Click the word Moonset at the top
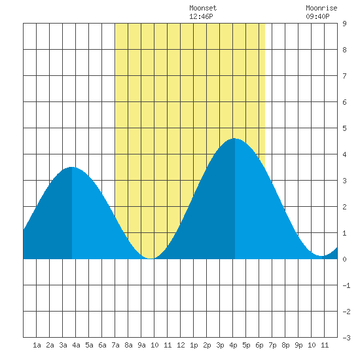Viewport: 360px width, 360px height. point(203,8)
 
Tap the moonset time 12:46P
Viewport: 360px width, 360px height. point(201,16)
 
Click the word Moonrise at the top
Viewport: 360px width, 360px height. point(321,8)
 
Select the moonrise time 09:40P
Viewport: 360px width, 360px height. point(317,16)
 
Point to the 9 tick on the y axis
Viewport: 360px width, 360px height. point(344,24)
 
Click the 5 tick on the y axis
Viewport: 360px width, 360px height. point(344,128)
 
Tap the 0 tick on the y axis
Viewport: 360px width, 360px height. point(344,259)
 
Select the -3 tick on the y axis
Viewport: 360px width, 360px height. point(346,338)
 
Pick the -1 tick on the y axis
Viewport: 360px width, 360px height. point(346,285)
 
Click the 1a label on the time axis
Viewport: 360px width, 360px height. point(37,345)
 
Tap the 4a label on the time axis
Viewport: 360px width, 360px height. point(76,345)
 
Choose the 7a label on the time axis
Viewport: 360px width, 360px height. point(115,345)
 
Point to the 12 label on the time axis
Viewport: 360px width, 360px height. point(181,345)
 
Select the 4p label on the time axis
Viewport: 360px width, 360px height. point(233,345)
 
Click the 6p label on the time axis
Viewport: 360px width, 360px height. point(259,345)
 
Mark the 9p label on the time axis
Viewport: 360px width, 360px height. point(298,345)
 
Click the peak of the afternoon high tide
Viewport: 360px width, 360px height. point(234,139)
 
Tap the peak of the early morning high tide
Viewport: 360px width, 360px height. point(72,167)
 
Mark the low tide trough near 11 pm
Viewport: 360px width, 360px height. point(322,256)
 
